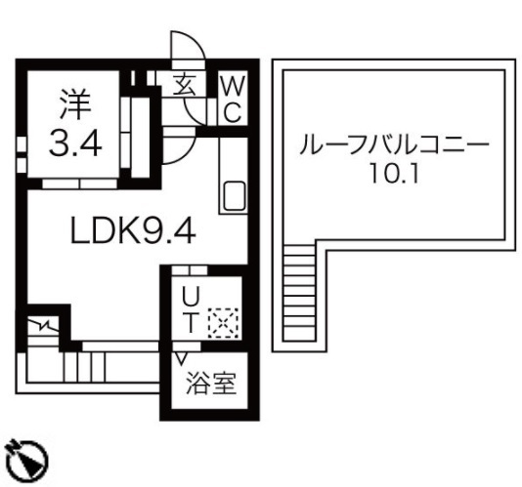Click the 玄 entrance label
pos(184,85)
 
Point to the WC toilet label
pos(233,98)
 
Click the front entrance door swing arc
pos(185,49)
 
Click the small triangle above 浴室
pos(182,358)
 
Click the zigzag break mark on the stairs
pos(43,323)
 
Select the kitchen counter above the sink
pos(235,156)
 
